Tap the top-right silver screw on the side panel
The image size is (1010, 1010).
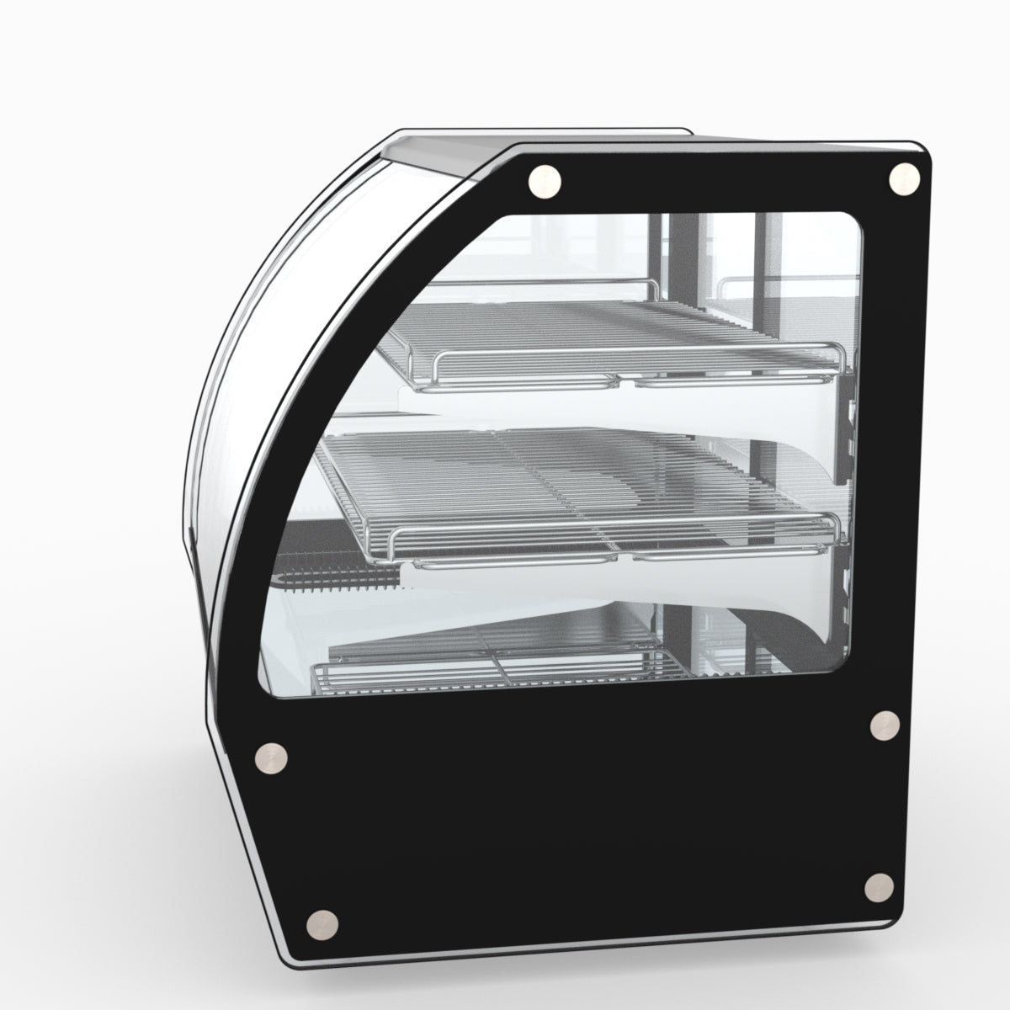905,178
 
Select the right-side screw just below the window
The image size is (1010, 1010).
883,726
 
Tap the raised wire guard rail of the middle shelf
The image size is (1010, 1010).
606,534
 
